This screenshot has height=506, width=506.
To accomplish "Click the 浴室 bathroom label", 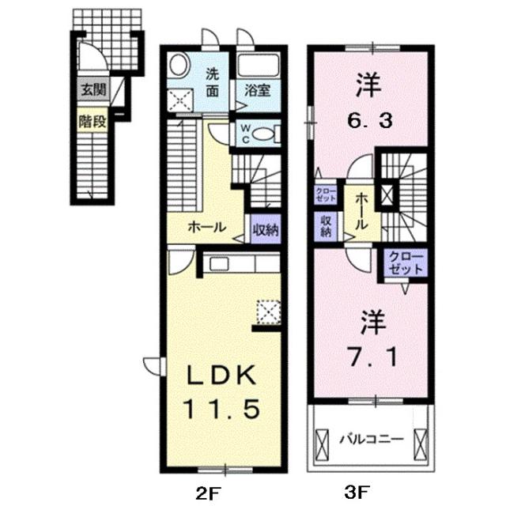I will tap(258, 91).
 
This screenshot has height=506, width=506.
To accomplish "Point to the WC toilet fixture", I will tap(264, 134).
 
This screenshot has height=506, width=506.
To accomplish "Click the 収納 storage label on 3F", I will tap(325, 227).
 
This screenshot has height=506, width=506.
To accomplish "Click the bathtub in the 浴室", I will tap(258, 66).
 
